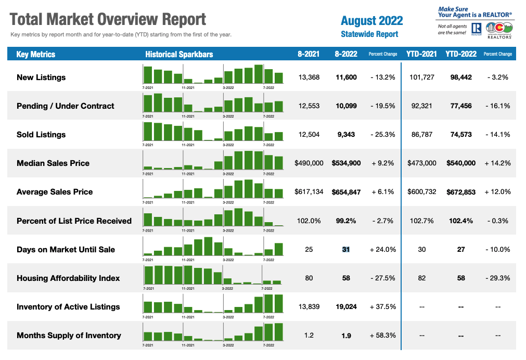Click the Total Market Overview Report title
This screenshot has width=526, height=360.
[108, 20]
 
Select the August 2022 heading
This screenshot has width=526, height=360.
[371, 21]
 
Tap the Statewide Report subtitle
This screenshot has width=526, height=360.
[369, 34]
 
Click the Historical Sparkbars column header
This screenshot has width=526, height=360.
[179, 54]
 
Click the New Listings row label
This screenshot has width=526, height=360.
[41, 78]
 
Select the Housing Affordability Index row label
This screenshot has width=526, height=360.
[68, 278]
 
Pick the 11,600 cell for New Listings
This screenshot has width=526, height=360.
[346, 78]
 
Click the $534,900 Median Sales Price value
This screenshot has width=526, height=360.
[346, 163]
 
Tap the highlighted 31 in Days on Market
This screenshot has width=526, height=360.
[346, 250]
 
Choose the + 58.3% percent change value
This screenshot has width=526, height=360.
[382, 336]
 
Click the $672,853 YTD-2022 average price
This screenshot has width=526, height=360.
[460, 192]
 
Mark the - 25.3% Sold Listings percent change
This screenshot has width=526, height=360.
[382, 135]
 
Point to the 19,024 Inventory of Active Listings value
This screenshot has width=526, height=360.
[346, 307]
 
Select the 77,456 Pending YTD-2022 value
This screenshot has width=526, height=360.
[460, 106]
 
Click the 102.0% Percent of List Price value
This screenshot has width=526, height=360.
[309, 221]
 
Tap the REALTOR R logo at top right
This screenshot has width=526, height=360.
[476, 29]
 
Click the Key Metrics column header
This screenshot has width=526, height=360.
[36, 54]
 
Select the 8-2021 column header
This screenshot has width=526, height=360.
[309, 54]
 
